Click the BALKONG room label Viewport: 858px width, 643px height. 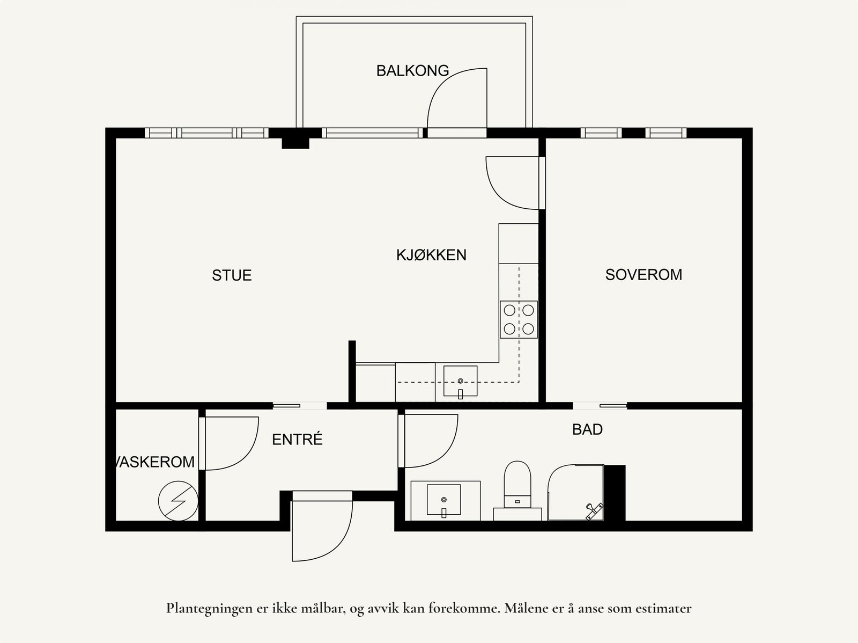click(x=412, y=71)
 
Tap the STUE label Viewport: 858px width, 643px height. click(x=232, y=275)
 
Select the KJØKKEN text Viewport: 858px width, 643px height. click(x=431, y=255)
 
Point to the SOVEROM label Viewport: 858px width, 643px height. click(x=643, y=275)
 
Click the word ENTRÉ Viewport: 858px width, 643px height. click(x=297, y=440)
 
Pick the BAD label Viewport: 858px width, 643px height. click(x=587, y=429)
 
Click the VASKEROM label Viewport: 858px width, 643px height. click(x=156, y=462)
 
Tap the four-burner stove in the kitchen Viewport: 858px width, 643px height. click(x=519, y=319)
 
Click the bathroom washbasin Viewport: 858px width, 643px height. click(x=444, y=499)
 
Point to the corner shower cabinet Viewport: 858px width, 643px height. click(x=575, y=493)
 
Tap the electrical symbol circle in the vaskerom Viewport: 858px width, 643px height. click(x=178, y=501)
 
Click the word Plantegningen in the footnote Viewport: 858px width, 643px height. click(x=206, y=609)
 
